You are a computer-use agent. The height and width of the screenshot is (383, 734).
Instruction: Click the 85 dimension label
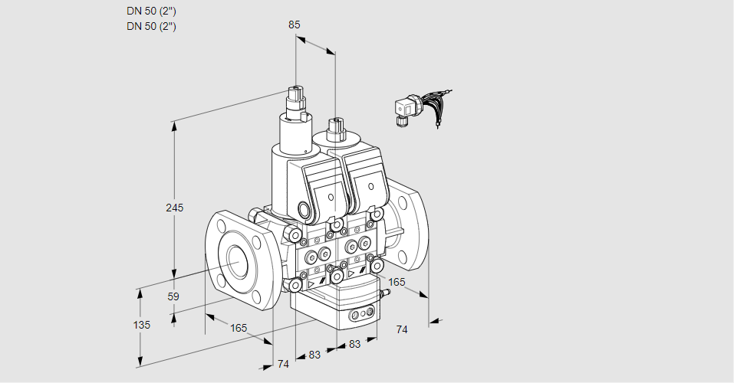tap(295, 25)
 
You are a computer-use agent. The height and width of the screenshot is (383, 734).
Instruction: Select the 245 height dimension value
tap(175, 208)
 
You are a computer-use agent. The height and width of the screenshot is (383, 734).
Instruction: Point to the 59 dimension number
tap(173, 296)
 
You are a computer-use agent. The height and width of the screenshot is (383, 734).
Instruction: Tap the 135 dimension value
tap(141, 325)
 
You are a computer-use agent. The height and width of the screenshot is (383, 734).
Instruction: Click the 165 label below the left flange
tap(239, 328)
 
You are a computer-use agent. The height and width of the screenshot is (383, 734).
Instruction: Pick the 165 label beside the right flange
tap(397, 283)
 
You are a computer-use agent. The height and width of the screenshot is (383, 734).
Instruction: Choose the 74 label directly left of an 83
tap(283, 364)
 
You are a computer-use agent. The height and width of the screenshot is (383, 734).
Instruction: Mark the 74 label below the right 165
tap(402, 329)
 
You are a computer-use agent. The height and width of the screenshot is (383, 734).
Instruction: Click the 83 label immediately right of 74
tap(314, 355)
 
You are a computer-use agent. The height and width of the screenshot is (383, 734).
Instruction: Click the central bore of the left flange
tap(235, 262)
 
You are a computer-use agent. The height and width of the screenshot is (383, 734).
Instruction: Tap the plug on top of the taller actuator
tap(296, 96)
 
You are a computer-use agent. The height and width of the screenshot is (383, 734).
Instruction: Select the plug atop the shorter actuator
tap(334, 126)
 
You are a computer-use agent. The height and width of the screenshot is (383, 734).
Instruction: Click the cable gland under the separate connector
tap(401, 119)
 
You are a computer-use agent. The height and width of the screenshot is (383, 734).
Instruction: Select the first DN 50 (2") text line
tap(151, 11)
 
